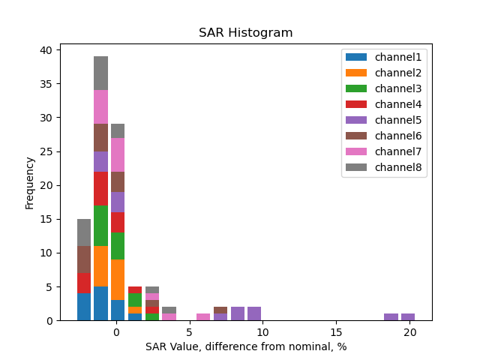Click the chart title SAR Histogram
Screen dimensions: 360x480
(x=245, y=33)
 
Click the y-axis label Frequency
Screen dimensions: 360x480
(x=30, y=182)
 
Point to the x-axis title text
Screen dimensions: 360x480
(x=246, y=346)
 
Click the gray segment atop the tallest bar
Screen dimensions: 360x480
(x=100, y=73)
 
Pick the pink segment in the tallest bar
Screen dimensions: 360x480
(x=100, y=106)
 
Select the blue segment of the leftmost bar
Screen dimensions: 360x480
(x=84, y=307)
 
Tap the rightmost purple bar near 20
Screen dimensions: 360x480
(x=408, y=317)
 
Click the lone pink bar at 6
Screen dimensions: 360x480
(x=203, y=317)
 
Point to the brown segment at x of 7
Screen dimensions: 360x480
(x=220, y=310)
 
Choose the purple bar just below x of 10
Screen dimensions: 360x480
(x=254, y=313)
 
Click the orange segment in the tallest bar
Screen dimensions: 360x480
(x=100, y=266)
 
